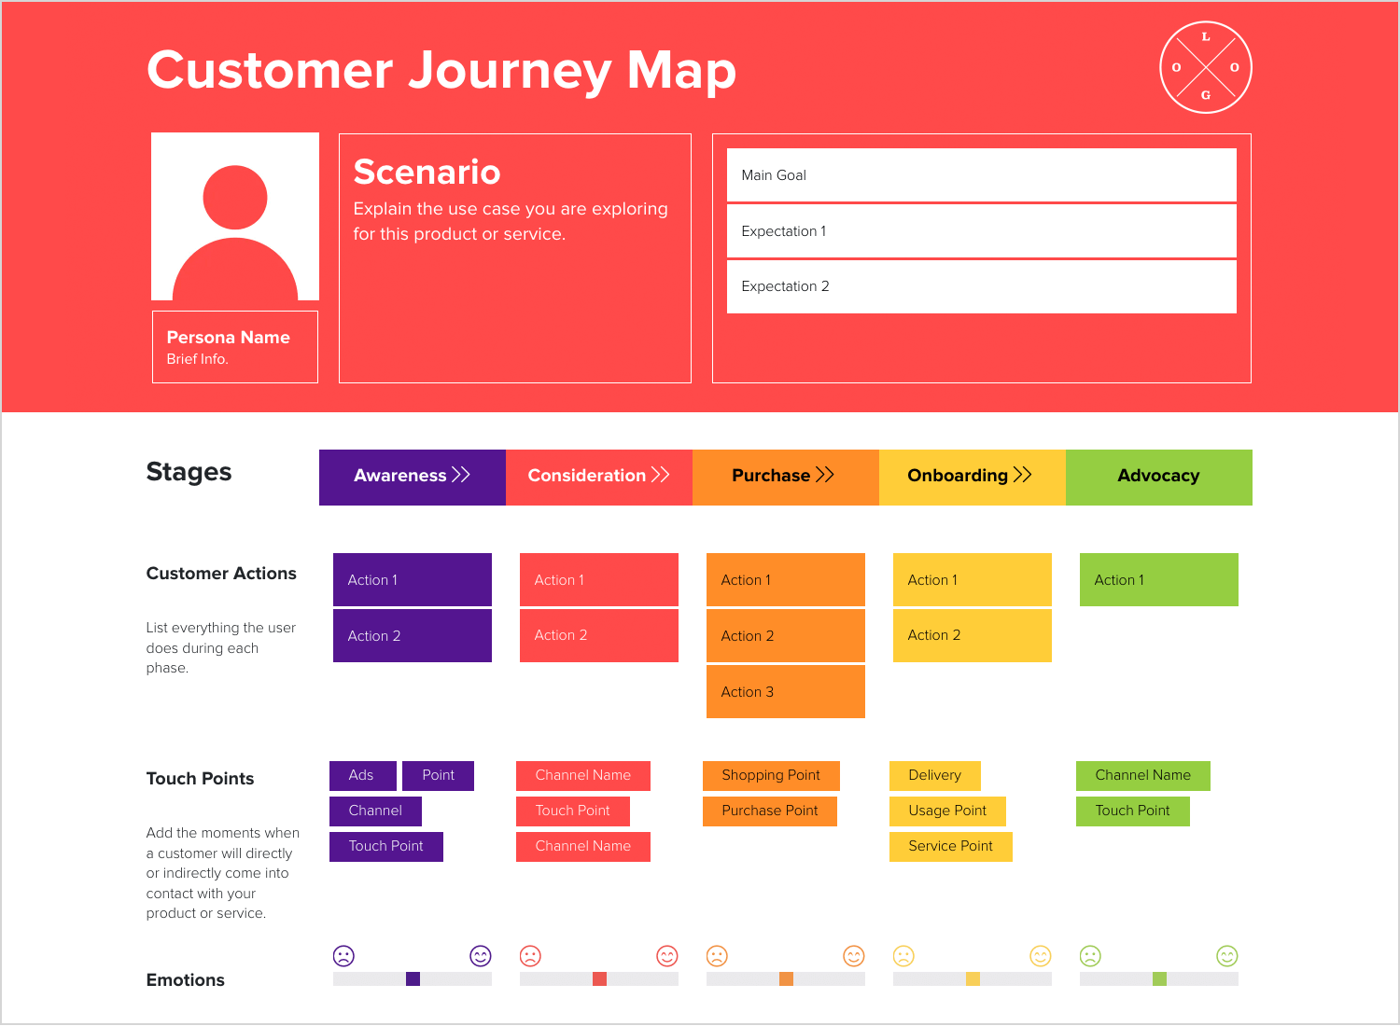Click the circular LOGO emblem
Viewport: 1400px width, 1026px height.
(x=1206, y=67)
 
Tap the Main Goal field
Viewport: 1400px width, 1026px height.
(x=981, y=174)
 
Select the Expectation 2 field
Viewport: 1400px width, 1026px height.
(x=981, y=286)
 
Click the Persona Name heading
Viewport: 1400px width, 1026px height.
(x=228, y=338)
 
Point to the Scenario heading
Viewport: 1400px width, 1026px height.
(x=427, y=172)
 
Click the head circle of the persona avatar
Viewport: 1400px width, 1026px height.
(x=235, y=198)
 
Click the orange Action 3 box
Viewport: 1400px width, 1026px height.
(x=786, y=691)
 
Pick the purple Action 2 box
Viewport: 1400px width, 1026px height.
(x=412, y=636)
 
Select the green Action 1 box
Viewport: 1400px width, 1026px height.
(x=1159, y=579)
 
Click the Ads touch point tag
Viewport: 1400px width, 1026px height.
(x=362, y=776)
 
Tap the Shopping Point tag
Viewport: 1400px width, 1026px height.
(x=771, y=776)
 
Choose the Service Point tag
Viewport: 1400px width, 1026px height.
(x=951, y=846)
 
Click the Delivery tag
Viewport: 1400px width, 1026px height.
(x=935, y=776)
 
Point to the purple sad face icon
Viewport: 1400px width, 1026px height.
(x=343, y=956)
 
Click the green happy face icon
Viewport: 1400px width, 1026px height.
(x=1227, y=956)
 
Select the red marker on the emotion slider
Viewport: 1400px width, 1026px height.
(x=599, y=978)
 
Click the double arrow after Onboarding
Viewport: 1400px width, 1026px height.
(x=1023, y=475)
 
